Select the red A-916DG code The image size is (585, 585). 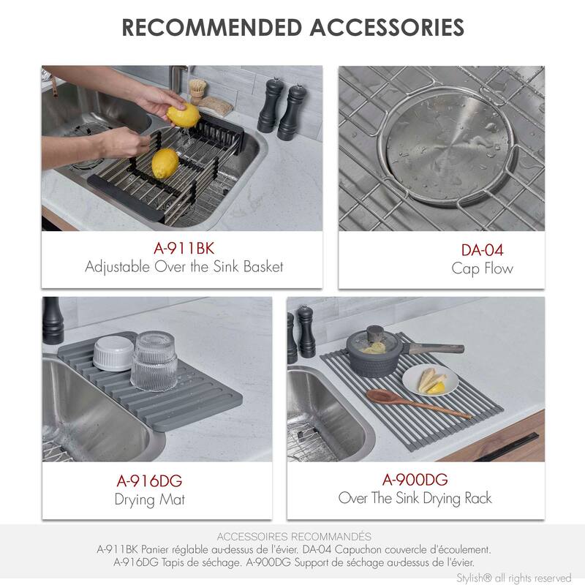coord(149,480)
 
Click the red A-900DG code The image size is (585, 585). coord(415,480)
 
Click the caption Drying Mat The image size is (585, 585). coord(149,500)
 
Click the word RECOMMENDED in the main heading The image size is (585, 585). coord(211,28)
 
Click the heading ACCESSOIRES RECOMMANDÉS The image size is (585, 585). coord(294,536)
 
